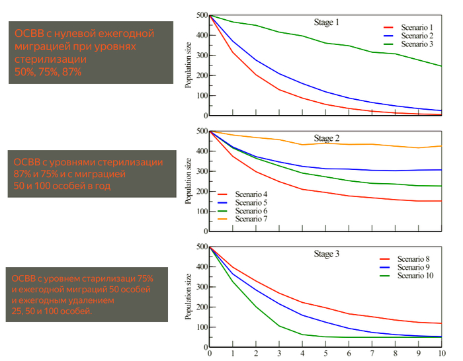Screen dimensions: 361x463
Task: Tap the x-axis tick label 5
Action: (x=326, y=354)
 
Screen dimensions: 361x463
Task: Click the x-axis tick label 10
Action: (x=442, y=354)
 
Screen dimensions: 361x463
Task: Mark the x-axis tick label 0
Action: (x=210, y=354)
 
